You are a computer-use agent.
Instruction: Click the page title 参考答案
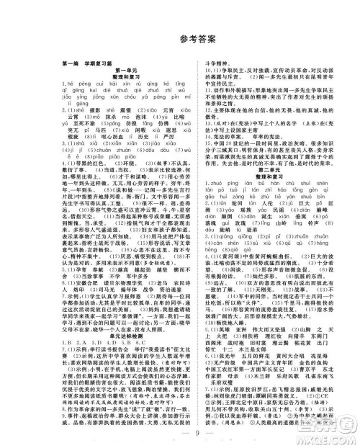(180, 38)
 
